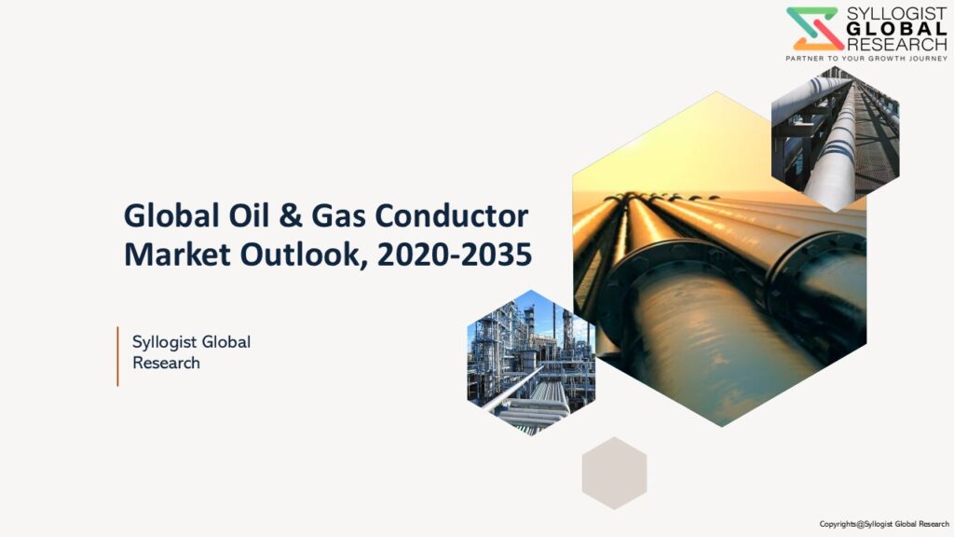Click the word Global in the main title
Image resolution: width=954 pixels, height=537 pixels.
(x=171, y=215)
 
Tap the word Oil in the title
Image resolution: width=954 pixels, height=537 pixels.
(x=249, y=215)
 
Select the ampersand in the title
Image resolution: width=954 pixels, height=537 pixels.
(x=291, y=216)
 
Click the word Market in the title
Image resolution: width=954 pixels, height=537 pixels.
(x=177, y=255)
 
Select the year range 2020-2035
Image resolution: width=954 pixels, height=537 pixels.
(x=455, y=255)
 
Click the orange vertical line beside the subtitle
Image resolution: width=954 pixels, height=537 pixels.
(x=117, y=356)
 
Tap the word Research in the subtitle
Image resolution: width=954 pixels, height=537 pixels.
(x=166, y=363)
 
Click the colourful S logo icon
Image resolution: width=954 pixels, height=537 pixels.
(x=814, y=29)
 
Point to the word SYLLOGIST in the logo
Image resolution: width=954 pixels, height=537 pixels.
(x=897, y=14)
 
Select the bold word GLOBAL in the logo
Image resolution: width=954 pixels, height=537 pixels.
(x=897, y=29)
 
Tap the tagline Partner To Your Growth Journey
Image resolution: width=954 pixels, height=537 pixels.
(x=866, y=59)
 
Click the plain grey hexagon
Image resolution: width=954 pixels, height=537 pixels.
(x=614, y=473)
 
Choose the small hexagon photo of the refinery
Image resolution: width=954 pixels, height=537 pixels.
(x=531, y=363)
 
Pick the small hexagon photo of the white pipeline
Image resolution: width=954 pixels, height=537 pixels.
(x=836, y=140)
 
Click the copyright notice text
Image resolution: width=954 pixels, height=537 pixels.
(x=884, y=524)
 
